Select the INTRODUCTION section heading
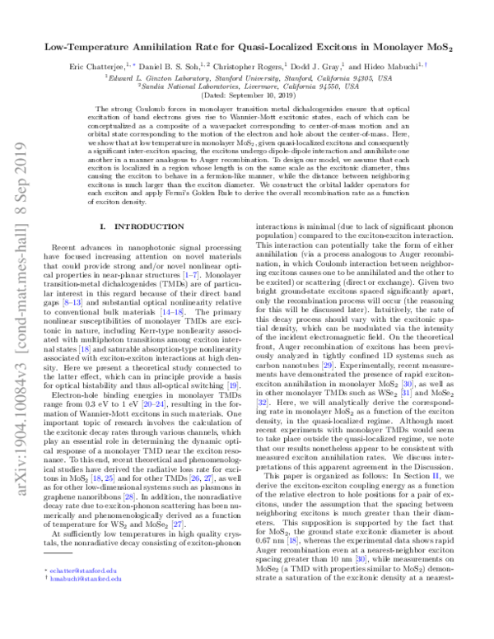pos(136,225)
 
